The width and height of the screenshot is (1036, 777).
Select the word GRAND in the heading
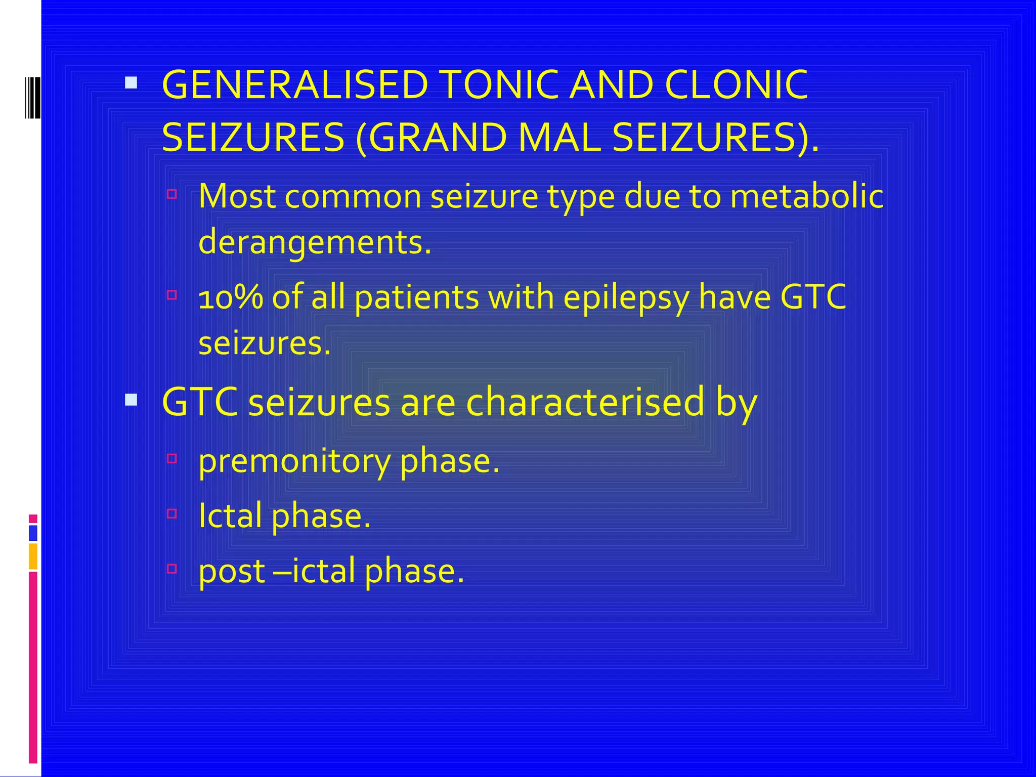coord(438,138)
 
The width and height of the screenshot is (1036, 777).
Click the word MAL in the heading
coord(559,138)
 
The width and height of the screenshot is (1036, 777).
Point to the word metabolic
coord(806,196)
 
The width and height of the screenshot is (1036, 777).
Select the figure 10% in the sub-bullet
coord(231,297)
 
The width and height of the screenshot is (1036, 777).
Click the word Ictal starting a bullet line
coord(230,516)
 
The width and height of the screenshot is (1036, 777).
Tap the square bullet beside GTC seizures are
coord(131,400)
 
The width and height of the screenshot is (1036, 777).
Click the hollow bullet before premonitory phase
coord(172,459)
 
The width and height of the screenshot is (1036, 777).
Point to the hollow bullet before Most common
coord(172,194)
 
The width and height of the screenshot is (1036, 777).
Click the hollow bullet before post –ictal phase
coord(172,569)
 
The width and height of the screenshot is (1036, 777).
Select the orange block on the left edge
coord(33,556)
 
